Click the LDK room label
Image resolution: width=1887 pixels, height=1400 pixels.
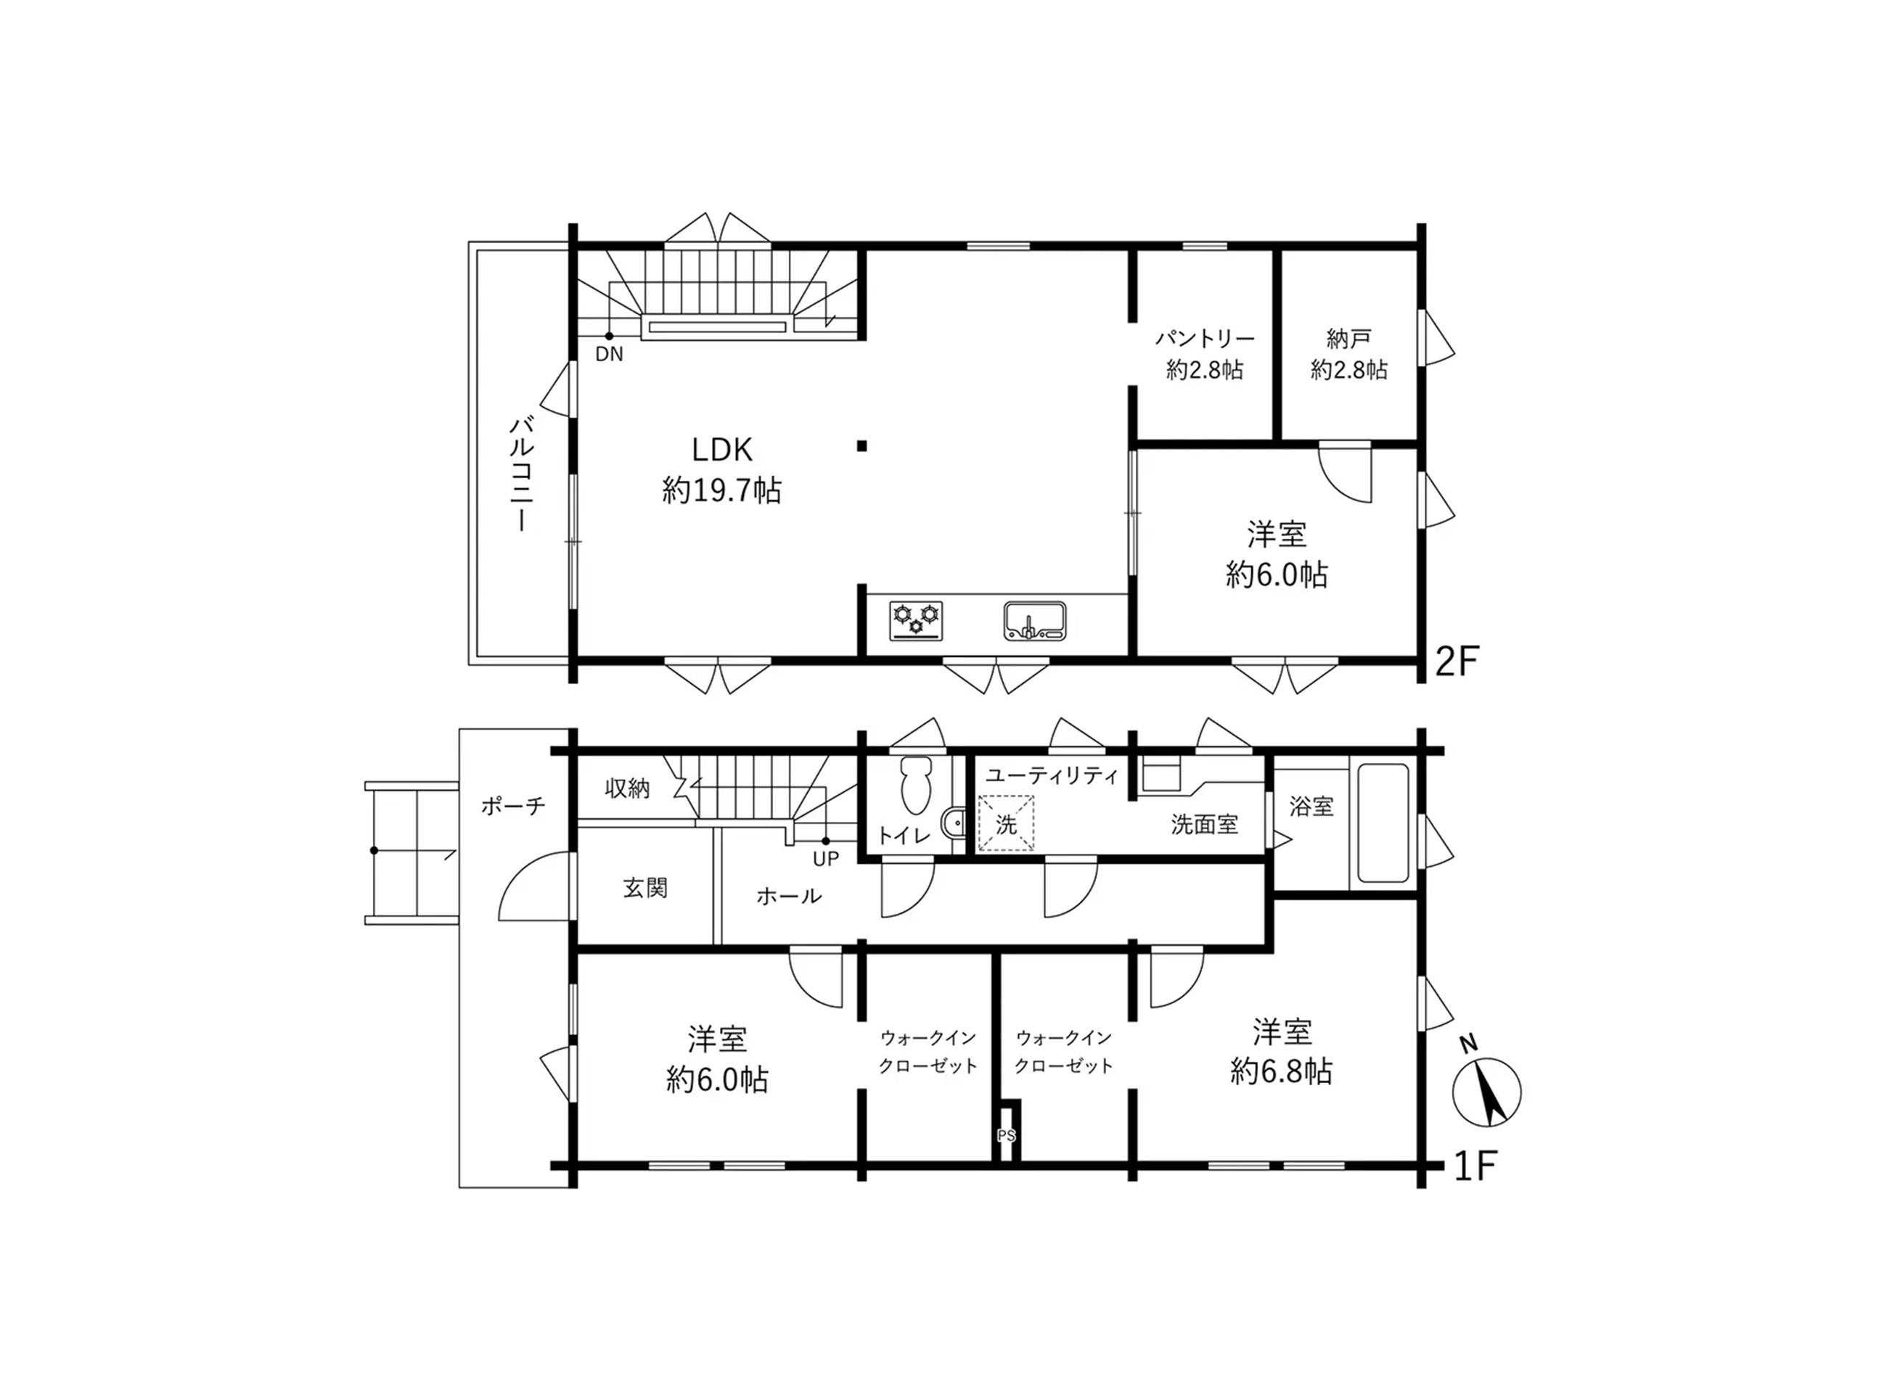point(721,449)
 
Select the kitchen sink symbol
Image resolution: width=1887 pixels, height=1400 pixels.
point(1035,620)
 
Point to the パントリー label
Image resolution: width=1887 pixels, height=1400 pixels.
point(1205,339)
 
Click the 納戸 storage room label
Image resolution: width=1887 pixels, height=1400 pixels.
point(1348,339)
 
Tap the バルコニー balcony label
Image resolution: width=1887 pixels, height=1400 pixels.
point(520,474)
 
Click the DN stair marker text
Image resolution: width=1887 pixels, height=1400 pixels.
point(609,354)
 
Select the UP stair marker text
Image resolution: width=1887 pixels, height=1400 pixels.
point(826,858)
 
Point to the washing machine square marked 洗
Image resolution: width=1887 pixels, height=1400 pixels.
point(1006,823)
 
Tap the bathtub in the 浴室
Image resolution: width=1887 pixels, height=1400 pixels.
point(1383,823)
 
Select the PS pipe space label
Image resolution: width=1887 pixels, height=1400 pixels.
point(1006,1135)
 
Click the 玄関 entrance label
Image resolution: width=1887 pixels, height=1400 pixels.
point(645,887)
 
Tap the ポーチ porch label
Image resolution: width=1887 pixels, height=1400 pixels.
point(513,805)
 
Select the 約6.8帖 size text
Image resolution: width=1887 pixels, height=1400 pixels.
point(1281,1072)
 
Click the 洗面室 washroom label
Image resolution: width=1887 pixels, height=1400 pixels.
point(1204,824)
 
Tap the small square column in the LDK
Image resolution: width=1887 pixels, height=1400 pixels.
point(861,446)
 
